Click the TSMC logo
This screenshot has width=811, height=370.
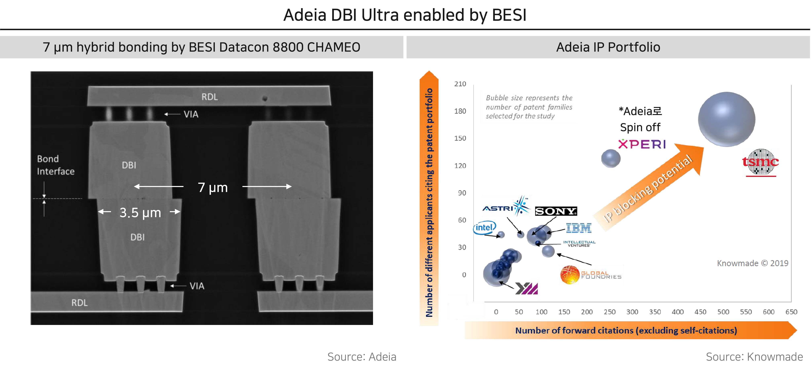tap(760, 162)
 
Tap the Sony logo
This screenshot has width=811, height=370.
tap(556, 211)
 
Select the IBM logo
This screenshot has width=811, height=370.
tap(579, 228)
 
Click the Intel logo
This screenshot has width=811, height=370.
tap(484, 227)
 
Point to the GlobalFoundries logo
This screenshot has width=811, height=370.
tap(591, 275)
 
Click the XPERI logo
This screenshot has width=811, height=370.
tap(642, 144)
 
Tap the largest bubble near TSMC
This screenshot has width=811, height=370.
tap(726, 119)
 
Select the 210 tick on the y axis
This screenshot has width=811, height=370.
tap(460, 84)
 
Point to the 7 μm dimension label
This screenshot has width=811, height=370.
tap(213, 187)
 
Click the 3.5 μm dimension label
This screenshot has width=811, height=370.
tap(140, 213)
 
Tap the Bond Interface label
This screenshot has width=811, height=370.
tap(56, 165)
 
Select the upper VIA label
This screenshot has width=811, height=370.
tap(191, 114)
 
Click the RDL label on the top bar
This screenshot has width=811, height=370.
tap(209, 97)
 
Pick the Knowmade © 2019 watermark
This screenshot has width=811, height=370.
tap(752, 263)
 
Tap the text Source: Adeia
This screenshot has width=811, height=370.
tap(362, 357)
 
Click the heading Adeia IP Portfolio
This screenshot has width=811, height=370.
tap(608, 47)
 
